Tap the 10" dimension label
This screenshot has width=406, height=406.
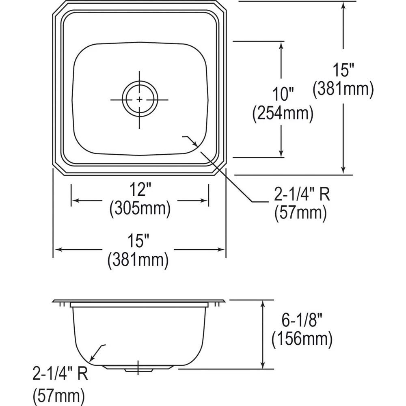pos(283,95)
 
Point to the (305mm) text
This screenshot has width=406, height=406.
pos(139,209)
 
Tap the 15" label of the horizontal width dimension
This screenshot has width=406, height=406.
pos(138,242)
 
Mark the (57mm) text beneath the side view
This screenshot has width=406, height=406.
pos(59,394)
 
